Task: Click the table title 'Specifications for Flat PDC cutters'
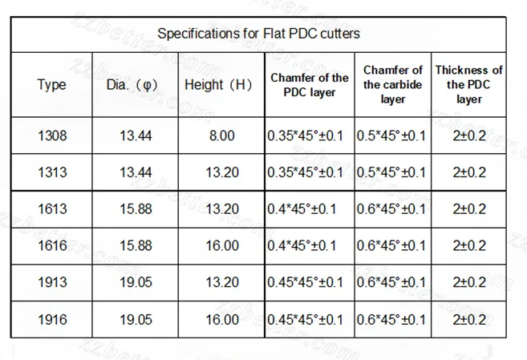258,34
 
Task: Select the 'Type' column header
51,85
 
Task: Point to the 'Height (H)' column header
218,85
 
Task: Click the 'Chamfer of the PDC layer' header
310,85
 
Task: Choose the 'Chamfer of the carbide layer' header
393,85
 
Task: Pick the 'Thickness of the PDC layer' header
469,85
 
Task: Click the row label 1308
52,136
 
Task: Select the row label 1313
52,172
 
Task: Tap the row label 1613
52,209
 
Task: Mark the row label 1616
52,246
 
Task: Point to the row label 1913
52,283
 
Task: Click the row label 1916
52,320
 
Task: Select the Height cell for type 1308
221,136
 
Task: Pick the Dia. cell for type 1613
136,209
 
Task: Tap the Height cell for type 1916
221,320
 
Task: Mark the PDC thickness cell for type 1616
469,246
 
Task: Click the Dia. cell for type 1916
136,320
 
